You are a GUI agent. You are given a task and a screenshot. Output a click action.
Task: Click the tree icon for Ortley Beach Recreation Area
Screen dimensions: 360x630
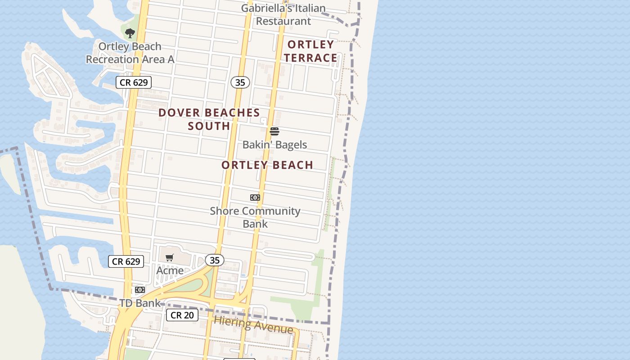pos(130,33)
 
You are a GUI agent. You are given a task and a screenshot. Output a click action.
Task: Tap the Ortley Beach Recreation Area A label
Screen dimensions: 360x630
pos(130,53)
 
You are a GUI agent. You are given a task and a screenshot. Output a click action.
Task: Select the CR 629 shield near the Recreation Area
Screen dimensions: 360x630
pos(134,82)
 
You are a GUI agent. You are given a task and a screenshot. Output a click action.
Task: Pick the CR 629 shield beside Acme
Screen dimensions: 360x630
pos(126,261)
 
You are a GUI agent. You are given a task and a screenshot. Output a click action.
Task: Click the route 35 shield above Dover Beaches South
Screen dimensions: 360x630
pos(240,82)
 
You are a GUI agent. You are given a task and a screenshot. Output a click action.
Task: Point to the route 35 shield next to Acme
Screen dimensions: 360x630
pos(215,260)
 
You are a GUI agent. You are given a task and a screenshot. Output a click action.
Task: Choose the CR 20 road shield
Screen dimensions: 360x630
pos(182,315)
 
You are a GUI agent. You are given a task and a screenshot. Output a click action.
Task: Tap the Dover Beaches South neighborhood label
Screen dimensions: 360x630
pos(209,119)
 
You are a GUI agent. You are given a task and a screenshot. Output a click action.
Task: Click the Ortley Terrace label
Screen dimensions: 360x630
pos(310,51)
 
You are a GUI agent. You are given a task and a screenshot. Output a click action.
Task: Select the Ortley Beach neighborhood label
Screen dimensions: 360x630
pos(267,165)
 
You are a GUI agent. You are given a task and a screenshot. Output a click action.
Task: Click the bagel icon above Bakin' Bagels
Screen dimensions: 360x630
pos(274,131)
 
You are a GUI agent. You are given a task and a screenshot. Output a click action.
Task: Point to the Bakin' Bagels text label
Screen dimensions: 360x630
pos(274,145)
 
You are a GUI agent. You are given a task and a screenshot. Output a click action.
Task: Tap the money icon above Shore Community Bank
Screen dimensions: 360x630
pos(255,198)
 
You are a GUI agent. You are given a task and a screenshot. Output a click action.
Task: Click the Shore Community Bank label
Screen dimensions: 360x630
pos(255,217)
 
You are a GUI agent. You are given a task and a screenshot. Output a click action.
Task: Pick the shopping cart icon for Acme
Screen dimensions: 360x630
pos(170,257)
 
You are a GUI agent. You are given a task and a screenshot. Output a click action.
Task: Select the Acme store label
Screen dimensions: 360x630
pos(170,270)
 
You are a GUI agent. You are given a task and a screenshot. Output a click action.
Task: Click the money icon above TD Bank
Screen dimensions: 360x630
pos(140,290)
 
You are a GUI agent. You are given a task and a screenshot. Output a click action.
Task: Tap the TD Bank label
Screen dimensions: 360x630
pos(140,303)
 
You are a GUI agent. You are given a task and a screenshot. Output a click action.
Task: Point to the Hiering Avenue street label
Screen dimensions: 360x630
pos(253,324)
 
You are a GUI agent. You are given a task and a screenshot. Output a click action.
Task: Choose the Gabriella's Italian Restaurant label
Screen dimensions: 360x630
pos(283,14)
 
